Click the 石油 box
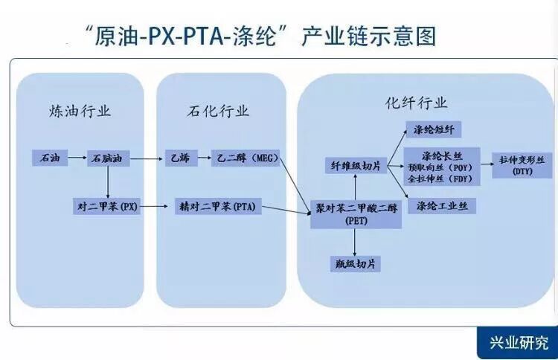coord(49,158)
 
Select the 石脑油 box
coord(109,158)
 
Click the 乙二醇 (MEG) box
coord(245,158)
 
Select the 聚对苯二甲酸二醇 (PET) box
coord(356,215)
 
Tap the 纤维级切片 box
coord(356,166)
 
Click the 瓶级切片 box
coord(355,263)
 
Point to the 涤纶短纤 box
coord(438,129)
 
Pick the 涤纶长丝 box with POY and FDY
coord(441,167)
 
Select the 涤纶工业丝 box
coord(441,206)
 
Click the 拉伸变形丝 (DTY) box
coord(522,165)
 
